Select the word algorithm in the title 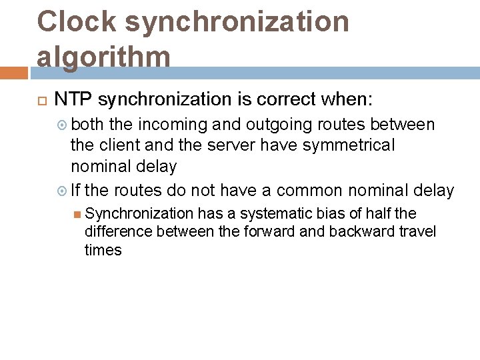click(103, 56)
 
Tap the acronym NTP click(73, 100)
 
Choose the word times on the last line click(103, 250)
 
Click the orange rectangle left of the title click(13, 73)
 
